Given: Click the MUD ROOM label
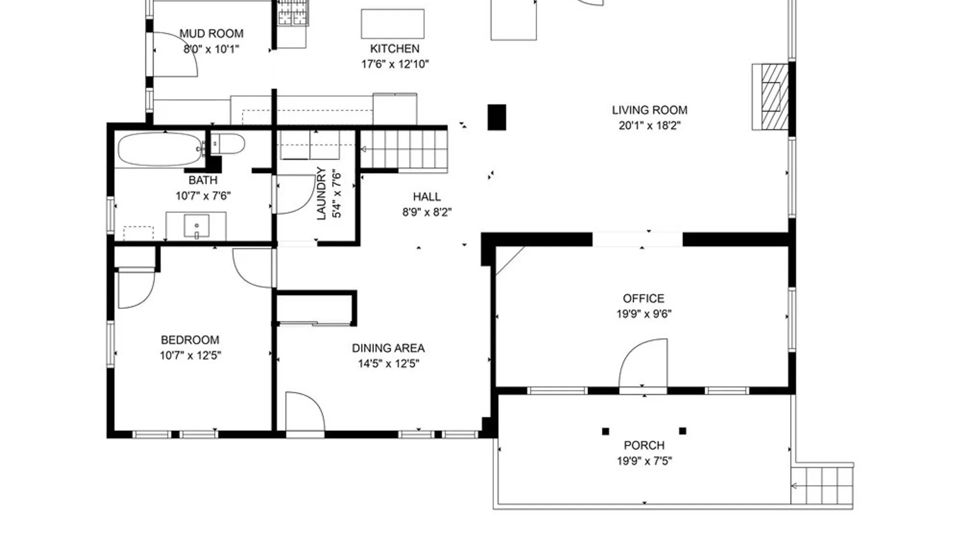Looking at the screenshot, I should [211, 33].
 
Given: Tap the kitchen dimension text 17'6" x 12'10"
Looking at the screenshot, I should [395, 64].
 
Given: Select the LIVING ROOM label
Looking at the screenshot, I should [649, 110].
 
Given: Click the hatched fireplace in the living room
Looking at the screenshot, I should [770, 96].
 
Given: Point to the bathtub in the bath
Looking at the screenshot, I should [159, 149].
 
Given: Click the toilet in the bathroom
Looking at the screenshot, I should [228, 144].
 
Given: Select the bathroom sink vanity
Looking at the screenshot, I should [196, 226].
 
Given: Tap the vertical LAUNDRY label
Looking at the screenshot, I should [321, 193].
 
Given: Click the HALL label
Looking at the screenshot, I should [426, 197].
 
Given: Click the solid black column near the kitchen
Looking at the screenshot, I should [496, 117].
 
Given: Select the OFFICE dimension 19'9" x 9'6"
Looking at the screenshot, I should [643, 314].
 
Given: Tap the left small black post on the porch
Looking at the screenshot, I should [605, 431].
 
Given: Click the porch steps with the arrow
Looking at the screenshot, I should [822, 485].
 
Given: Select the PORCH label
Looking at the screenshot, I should [644, 445].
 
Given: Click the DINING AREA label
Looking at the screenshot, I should [388, 348].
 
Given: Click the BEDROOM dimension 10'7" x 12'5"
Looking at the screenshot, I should [190, 355].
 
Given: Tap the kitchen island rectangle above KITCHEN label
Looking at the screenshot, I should [392, 23].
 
